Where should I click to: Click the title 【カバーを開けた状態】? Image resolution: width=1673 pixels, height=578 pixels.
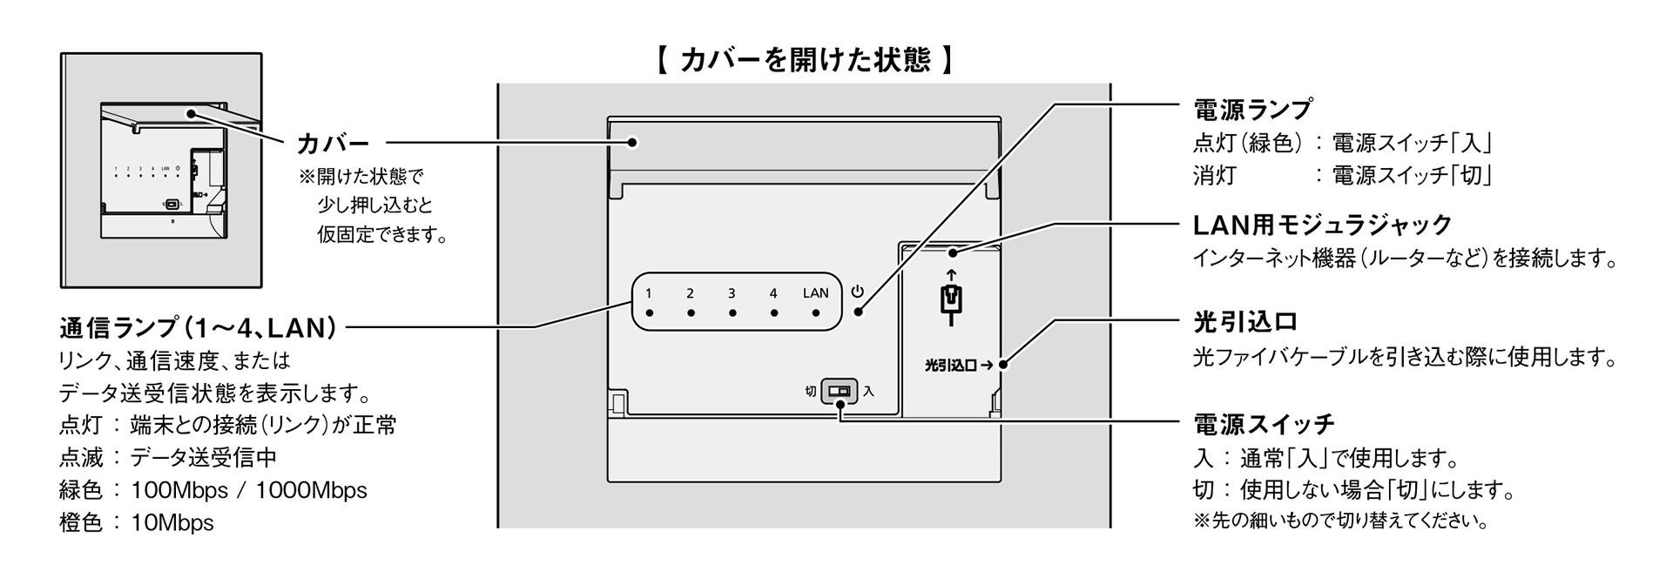click(803, 60)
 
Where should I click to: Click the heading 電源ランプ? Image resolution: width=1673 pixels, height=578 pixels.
click(1251, 110)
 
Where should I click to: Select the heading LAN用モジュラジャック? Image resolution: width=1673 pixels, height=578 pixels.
click(1322, 225)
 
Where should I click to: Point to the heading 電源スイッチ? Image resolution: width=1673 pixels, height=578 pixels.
click(1263, 425)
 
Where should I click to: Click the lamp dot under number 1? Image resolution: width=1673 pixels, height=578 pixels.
click(649, 313)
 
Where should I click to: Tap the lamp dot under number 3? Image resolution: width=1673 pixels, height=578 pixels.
click(732, 313)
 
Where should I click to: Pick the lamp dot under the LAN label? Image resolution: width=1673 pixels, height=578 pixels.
click(816, 313)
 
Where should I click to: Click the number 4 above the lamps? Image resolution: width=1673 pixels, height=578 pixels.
click(773, 293)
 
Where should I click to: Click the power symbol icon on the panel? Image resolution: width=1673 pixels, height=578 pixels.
click(858, 292)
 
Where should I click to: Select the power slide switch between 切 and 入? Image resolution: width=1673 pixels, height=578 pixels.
click(839, 391)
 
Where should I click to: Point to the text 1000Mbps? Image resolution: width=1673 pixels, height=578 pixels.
click(311, 490)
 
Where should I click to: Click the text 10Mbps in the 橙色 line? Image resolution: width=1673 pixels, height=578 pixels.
click(172, 522)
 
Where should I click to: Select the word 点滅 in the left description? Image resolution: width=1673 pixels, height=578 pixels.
click(81, 457)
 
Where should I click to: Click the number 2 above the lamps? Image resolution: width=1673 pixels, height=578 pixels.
click(690, 293)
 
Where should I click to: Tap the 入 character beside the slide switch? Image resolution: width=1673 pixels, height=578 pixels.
click(868, 392)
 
